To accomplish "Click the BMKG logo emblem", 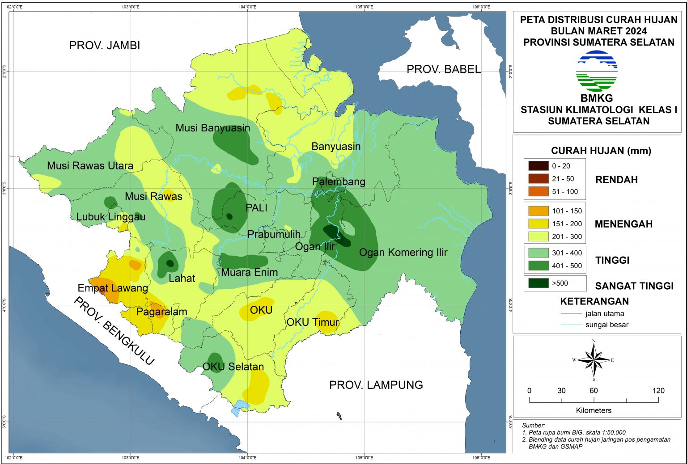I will click(x=597, y=71).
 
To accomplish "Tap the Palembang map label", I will click(x=339, y=181).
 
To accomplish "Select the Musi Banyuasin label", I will click(x=212, y=128).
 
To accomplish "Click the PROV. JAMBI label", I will click(x=105, y=45).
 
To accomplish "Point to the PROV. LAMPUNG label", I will click(x=376, y=385).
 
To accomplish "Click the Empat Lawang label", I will click(x=113, y=288).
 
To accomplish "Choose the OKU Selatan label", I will click(x=233, y=367).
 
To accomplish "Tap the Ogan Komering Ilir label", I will click(x=403, y=253).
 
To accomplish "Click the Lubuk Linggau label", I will click(x=110, y=217).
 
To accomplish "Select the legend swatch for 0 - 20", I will click(x=538, y=166).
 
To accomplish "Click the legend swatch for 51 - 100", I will click(x=538, y=191).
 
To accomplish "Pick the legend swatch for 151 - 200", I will click(x=538, y=224).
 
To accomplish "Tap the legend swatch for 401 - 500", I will click(x=538, y=266).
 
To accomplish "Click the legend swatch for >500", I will click(x=538, y=283).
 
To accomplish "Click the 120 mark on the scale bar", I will click(x=658, y=391).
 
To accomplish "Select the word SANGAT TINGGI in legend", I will click(x=634, y=286).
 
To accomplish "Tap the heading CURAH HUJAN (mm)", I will click(x=601, y=151).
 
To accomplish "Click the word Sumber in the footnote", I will click(x=533, y=426).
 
